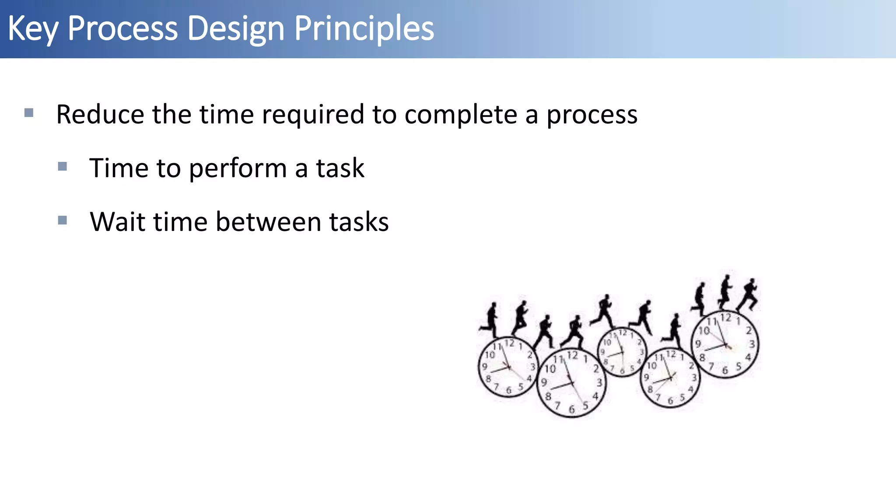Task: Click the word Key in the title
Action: (33, 29)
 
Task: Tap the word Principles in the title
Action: (364, 29)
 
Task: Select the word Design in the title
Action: (236, 29)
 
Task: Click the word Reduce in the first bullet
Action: (100, 115)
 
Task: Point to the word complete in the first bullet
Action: (461, 115)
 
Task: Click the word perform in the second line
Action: (238, 168)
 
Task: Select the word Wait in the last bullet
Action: (117, 222)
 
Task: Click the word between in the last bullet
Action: (268, 222)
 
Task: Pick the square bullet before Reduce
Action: (29, 113)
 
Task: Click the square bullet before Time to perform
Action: (63, 167)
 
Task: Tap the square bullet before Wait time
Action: (63, 220)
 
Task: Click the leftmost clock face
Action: (508, 367)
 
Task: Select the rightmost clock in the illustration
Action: (725, 344)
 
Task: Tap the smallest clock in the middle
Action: (622, 352)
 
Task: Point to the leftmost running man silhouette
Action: (490, 319)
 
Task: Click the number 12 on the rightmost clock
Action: (726, 318)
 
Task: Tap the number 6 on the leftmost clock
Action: (508, 390)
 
